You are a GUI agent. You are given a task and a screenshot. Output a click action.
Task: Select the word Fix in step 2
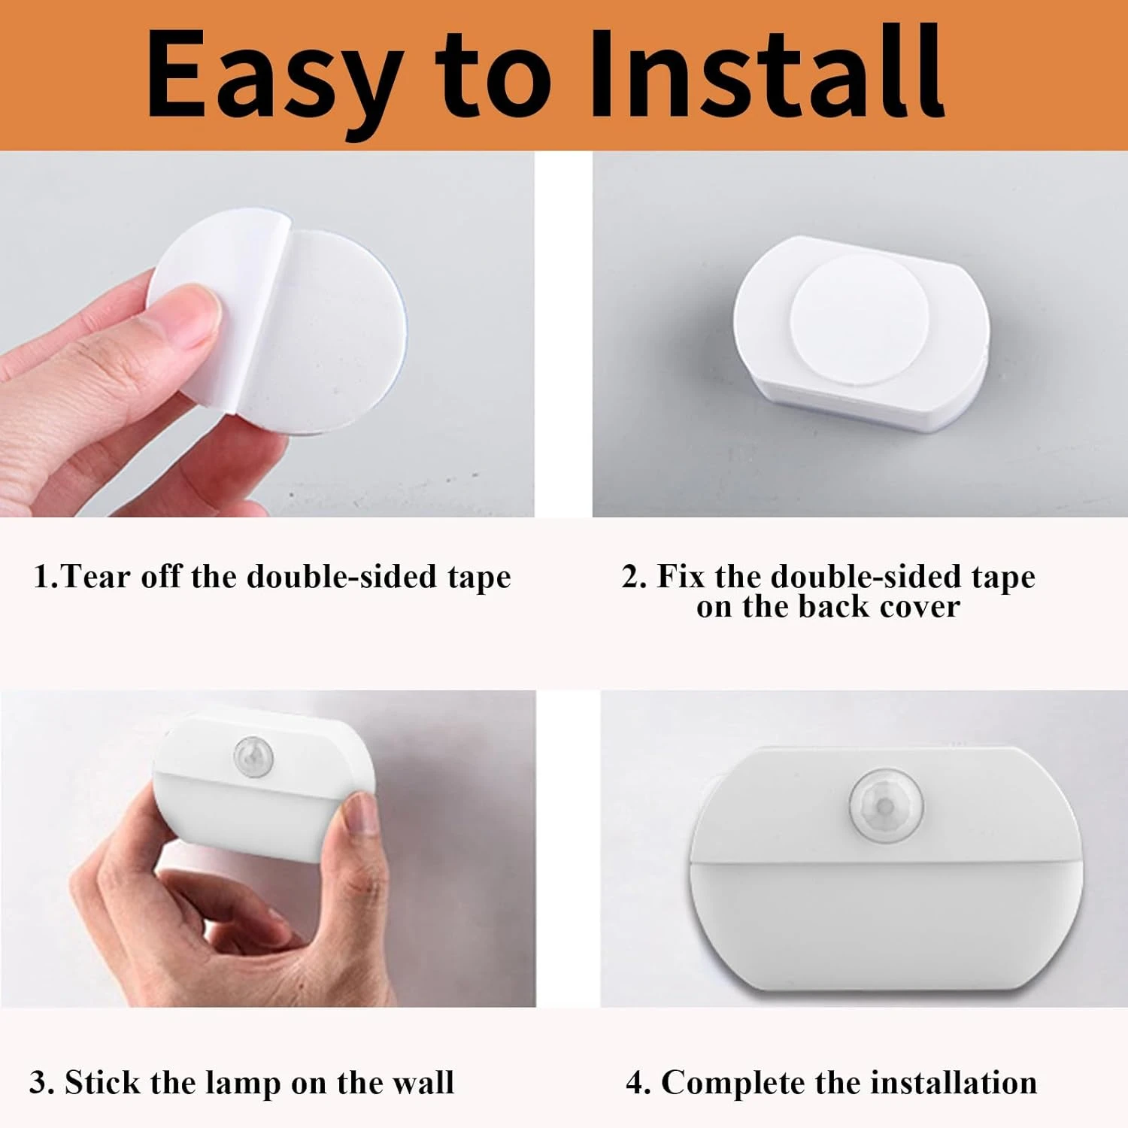[x=681, y=577]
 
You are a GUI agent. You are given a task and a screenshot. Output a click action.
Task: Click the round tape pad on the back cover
[x=859, y=320]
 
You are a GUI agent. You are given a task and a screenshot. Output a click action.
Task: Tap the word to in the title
[x=493, y=75]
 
